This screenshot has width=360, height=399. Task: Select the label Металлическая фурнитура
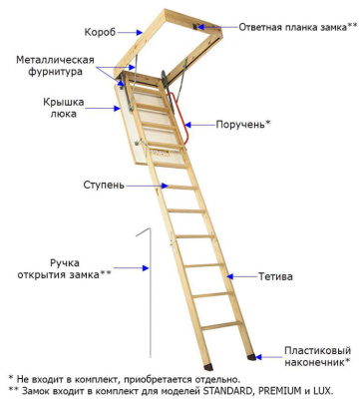point(55,67)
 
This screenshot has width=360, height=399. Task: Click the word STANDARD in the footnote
point(225,390)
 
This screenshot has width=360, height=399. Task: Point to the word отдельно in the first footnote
point(211,379)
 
